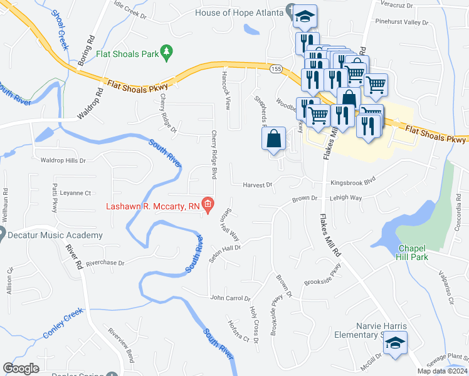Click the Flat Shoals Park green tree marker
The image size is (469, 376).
tap(167, 54)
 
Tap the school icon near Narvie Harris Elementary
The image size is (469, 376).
tap(396, 343)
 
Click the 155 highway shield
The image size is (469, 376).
tap(275, 68)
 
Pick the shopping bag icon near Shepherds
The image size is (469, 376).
tap(274, 138)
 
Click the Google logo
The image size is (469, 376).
tap(21, 368)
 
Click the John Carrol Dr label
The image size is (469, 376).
tap(230, 298)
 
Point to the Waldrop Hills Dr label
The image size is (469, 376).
tap(63, 161)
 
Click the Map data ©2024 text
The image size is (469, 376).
tap(441, 371)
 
